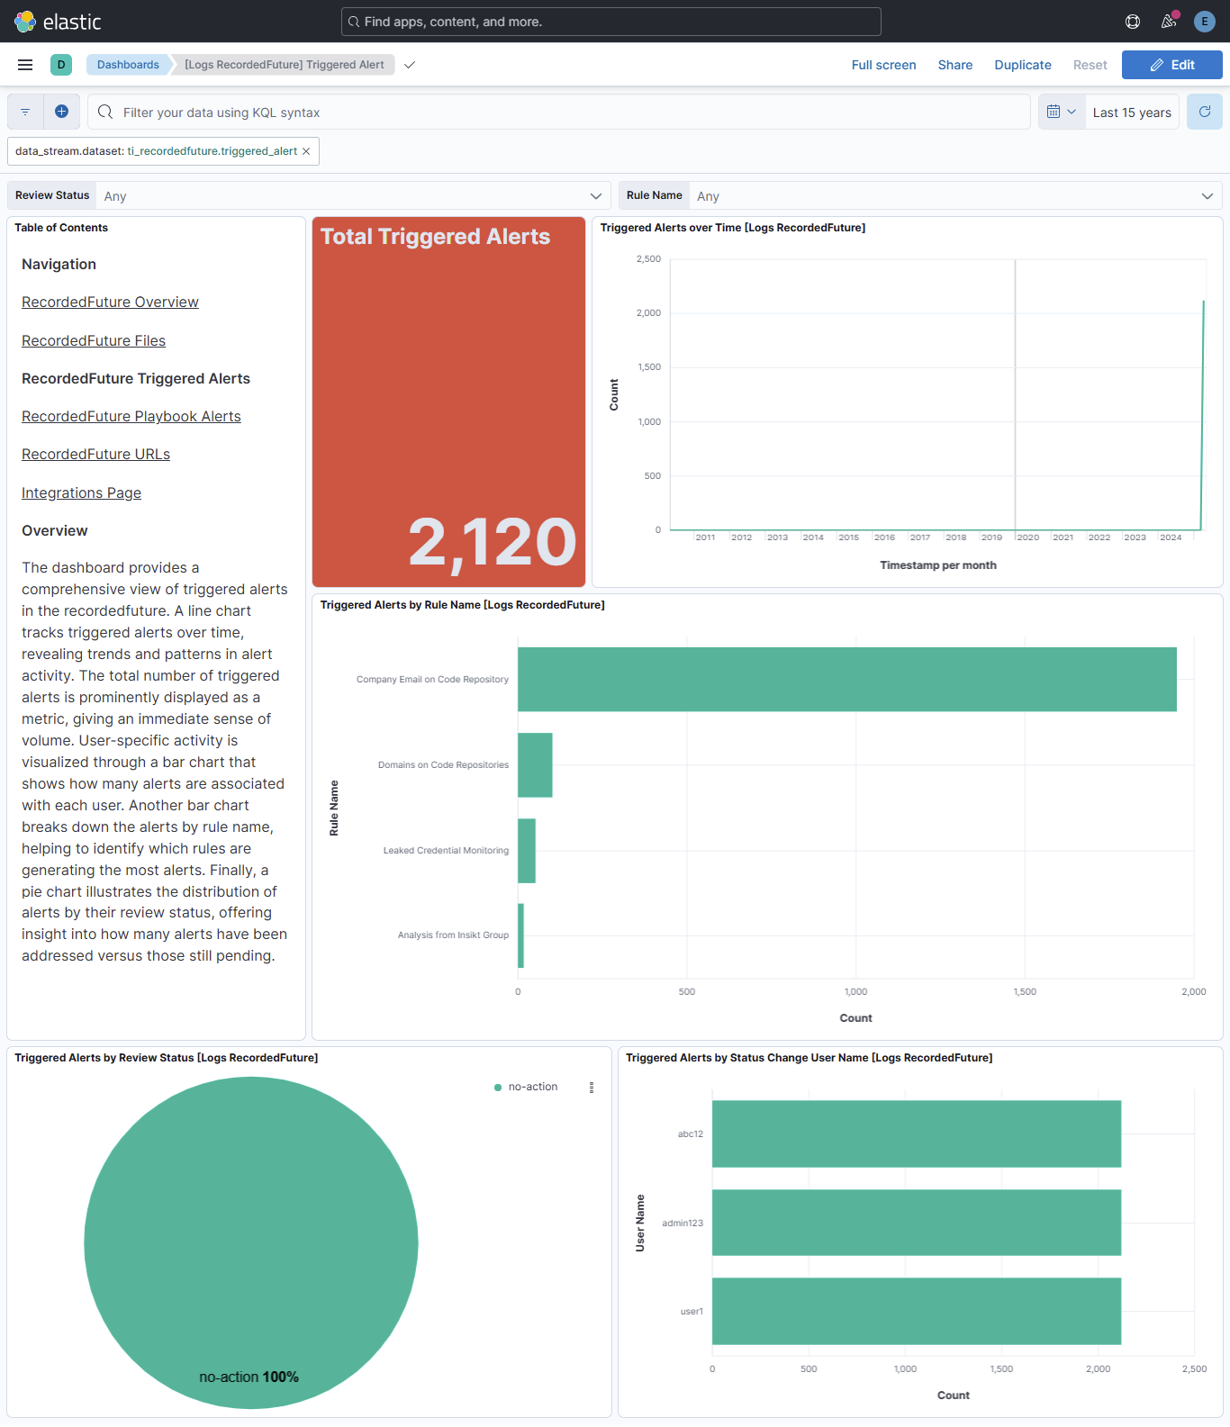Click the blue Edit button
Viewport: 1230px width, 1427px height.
[x=1171, y=65]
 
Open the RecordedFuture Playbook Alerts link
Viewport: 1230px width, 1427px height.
[x=131, y=417]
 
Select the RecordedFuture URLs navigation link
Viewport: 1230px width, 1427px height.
[x=95, y=455]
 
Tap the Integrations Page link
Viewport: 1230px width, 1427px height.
[x=81, y=493]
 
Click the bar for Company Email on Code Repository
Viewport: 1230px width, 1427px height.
[x=846, y=680]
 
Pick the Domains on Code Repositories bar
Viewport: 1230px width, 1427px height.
[x=535, y=765]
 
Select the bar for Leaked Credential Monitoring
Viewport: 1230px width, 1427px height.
[x=527, y=851]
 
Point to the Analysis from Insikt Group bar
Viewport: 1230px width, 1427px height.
[x=521, y=936]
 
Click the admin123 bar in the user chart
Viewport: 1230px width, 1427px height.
[x=916, y=1223]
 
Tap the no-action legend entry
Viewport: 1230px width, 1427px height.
[x=532, y=1088]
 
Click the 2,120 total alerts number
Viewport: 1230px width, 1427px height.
[x=492, y=543]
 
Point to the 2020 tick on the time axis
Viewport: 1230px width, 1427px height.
[x=1027, y=537]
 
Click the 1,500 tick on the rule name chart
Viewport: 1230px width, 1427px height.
[x=1025, y=992]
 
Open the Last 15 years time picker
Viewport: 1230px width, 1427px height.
[x=1131, y=113]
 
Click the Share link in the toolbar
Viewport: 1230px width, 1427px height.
[x=954, y=65]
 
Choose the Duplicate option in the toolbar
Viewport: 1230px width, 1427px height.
[x=1022, y=65]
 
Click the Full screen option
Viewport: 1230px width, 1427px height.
[x=883, y=65]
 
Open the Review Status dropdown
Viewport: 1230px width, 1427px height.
[x=351, y=196]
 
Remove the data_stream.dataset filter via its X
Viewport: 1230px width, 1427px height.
[x=306, y=151]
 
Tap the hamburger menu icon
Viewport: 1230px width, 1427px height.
[x=25, y=65]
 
